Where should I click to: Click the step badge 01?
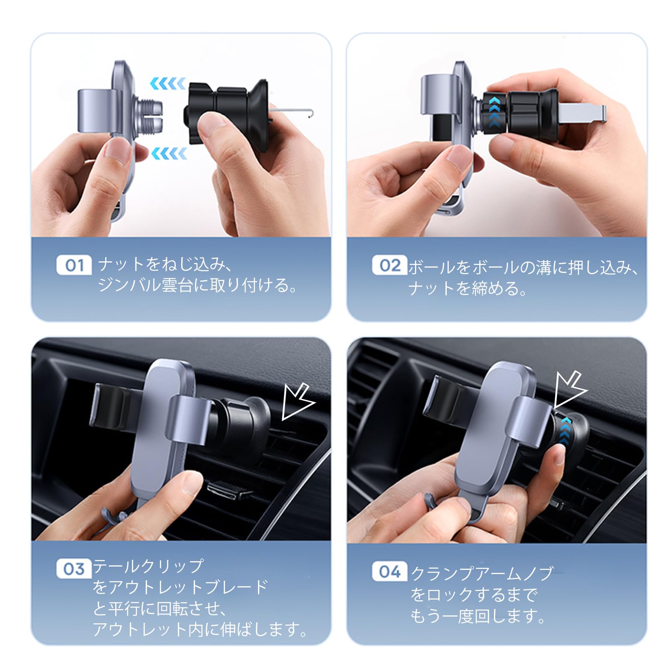[x=74, y=265]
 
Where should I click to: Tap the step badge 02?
[x=390, y=265]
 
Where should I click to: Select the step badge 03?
[x=74, y=569]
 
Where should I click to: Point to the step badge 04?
[x=390, y=572]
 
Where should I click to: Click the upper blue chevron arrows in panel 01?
[x=168, y=84]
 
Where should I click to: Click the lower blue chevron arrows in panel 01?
[x=169, y=154]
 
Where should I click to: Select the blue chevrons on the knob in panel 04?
[x=565, y=430]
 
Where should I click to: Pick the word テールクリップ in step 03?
[x=148, y=567]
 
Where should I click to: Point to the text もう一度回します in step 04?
[x=478, y=616]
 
